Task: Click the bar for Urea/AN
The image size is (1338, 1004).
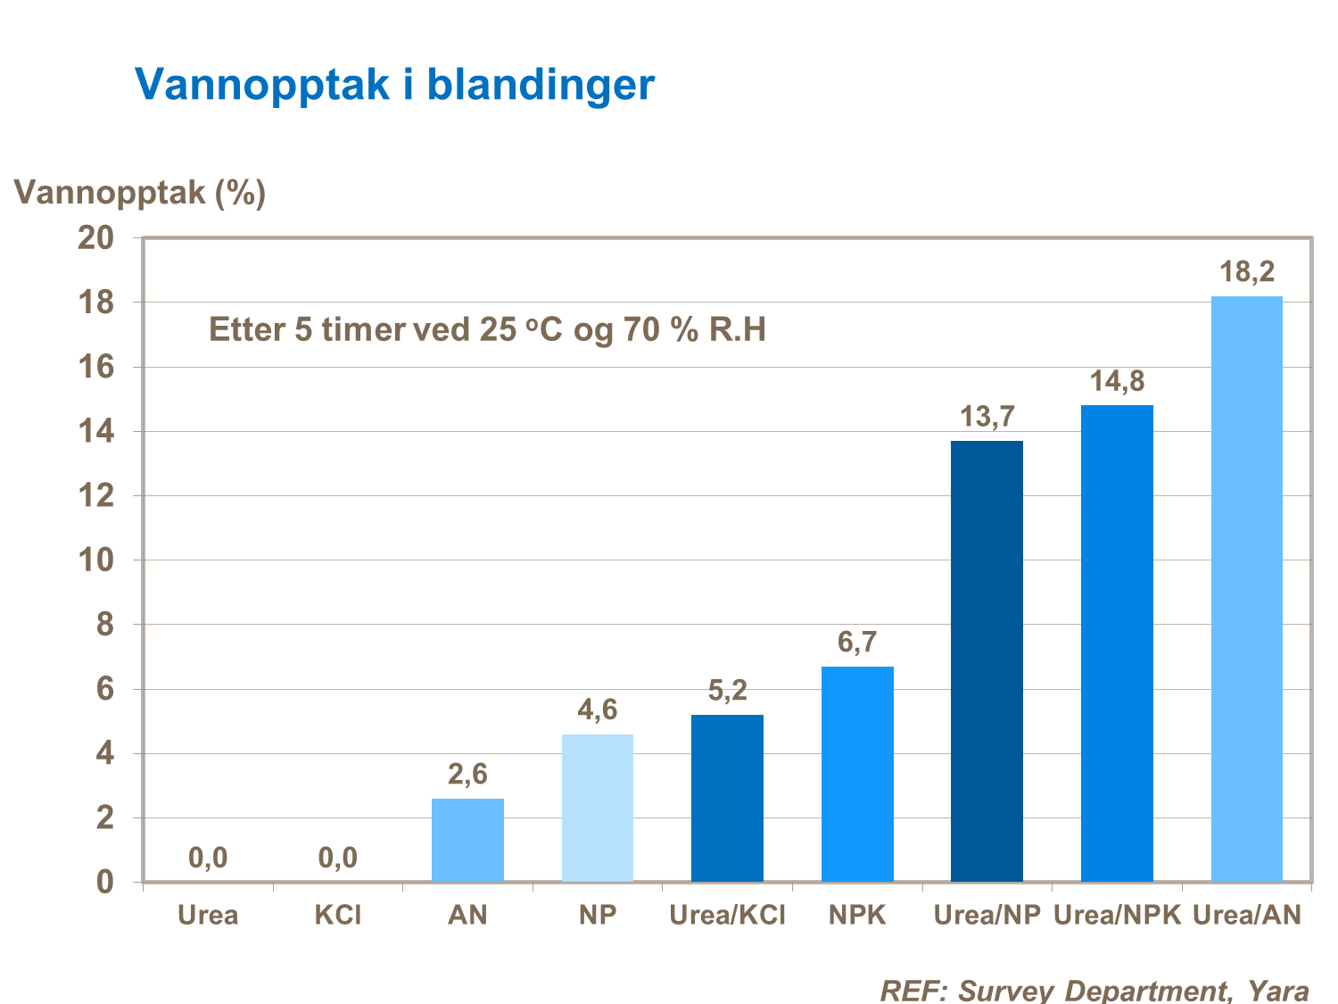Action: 1246,589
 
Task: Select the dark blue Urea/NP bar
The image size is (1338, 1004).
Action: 987,661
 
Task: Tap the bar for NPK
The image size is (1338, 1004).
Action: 857,774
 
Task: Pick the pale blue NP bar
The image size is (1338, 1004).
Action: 598,808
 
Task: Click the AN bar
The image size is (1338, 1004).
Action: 467,840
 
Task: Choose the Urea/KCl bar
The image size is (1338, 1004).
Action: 727,798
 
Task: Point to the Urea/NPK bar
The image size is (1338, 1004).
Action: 1117,643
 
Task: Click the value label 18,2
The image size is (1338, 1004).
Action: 1247,271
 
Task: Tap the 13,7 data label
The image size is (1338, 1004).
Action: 987,416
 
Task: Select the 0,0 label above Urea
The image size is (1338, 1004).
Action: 208,858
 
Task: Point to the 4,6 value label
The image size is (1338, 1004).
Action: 598,709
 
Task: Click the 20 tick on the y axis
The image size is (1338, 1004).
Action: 97,238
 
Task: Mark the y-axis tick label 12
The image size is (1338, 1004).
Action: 97,496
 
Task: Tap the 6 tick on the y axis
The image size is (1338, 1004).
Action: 105,689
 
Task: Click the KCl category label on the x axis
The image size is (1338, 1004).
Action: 338,915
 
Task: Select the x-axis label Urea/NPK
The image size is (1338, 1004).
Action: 1117,915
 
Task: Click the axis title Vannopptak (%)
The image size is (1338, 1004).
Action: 140,192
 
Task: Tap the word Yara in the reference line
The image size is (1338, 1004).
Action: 1277,990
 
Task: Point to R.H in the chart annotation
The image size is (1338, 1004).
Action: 737,330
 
